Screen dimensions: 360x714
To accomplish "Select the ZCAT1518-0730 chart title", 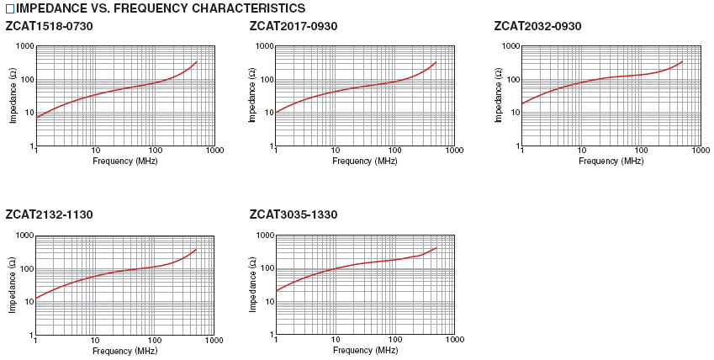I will pos(49,27).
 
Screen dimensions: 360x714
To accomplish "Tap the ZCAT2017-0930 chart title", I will pos(294,27).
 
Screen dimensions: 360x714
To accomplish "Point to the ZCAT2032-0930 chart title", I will pos(537,27).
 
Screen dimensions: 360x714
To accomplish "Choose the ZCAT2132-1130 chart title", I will pos(49,214).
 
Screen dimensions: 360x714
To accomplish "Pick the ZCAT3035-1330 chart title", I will pos(294,214).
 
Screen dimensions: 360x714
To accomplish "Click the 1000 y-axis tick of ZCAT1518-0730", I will pos(24,47).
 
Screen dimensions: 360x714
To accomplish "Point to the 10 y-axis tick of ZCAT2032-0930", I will pos(511,114).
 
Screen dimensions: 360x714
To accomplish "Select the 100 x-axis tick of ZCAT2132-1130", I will pos(155,341).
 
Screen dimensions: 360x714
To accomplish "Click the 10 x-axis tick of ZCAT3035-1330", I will pos(336,341).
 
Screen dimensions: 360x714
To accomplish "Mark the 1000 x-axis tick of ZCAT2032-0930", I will pos(700,151).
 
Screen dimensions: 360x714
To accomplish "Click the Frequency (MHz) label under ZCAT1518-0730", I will pos(124,161).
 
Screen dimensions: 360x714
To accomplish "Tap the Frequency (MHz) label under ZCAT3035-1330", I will pos(365,350).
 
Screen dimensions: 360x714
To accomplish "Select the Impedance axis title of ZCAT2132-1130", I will pos(13,285).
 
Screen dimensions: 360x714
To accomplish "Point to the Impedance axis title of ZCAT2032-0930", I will pos(499,96).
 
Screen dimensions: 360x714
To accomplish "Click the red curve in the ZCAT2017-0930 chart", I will pos(353,88).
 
